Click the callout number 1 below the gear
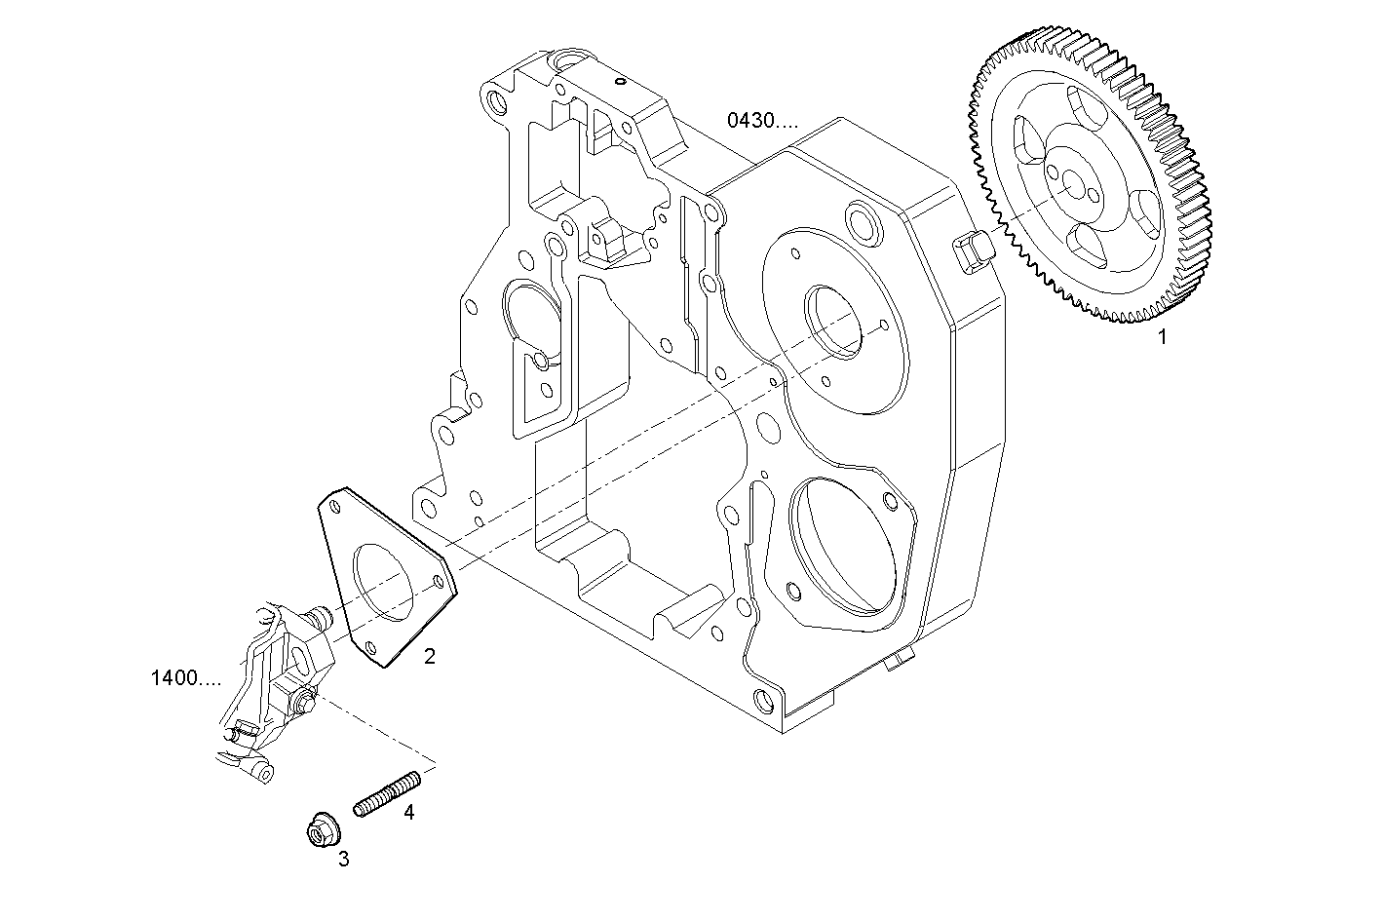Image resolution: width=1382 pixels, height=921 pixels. coord(1161,338)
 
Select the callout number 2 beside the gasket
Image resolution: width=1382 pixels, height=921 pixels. coord(430,656)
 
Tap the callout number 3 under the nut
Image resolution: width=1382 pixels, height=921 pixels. coord(343,859)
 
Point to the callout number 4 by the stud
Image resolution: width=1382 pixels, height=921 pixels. coord(409,812)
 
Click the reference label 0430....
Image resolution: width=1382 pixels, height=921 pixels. coord(761,121)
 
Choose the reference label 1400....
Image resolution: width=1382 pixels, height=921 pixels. coord(186,677)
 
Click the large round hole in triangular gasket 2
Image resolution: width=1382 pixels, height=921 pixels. coord(386,583)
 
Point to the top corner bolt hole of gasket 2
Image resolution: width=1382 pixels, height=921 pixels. coord(336,505)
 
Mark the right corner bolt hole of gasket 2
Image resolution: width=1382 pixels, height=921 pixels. coord(439,582)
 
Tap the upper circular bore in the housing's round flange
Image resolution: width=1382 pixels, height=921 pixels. coord(835,322)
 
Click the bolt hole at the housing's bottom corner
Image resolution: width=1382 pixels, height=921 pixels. coord(763,701)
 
